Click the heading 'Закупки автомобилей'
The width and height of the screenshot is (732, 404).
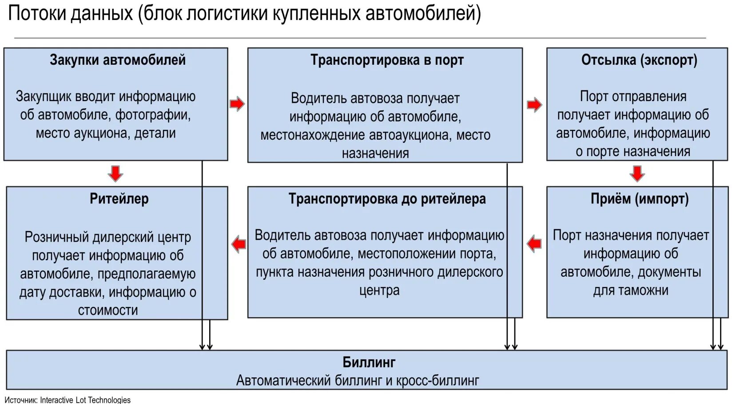(x=117, y=60)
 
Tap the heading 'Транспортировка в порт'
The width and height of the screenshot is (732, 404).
(x=386, y=60)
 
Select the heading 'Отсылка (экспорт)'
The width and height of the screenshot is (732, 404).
(x=639, y=60)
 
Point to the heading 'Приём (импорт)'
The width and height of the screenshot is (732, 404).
(x=639, y=199)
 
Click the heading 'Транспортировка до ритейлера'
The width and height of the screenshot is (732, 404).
(x=387, y=199)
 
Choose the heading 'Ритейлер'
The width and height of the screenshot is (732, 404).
(x=119, y=199)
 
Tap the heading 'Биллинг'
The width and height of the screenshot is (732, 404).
(x=369, y=362)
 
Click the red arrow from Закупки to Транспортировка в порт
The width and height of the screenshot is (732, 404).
(x=237, y=104)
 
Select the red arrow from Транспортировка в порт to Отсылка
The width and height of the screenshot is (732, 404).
(x=534, y=105)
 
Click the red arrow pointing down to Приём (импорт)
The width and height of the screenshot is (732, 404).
(x=637, y=173)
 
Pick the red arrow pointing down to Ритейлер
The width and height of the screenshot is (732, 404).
(x=115, y=173)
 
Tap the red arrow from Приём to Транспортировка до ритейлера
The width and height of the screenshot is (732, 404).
(x=534, y=243)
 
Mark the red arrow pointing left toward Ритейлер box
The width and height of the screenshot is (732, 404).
(x=239, y=244)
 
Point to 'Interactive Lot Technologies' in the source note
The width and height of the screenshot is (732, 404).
(x=85, y=400)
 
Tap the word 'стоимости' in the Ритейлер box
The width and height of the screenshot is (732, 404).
(x=108, y=310)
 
